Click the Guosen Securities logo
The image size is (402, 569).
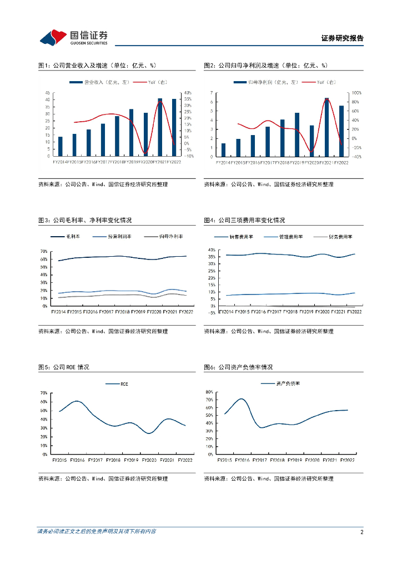[73, 37]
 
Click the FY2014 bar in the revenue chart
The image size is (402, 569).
[60, 146]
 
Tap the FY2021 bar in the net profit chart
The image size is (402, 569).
[326, 127]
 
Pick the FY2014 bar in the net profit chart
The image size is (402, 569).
[223, 150]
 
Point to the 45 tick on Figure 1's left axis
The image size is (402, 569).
[47, 93]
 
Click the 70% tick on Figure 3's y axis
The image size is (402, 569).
[44, 251]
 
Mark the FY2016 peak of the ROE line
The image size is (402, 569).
[77, 401]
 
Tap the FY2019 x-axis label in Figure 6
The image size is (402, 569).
[295, 460]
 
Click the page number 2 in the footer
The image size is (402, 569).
[361, 532]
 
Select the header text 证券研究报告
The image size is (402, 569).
[343, 38]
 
